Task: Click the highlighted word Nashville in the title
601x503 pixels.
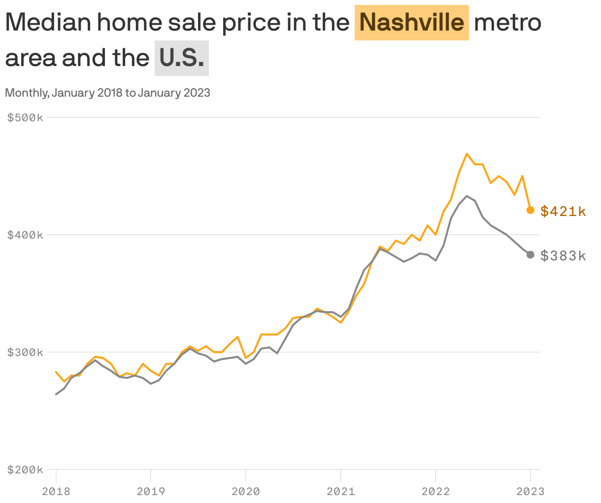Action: pyautogui.click(x=411, y=22)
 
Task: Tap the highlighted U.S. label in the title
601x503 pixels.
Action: pyautogui.click(x=182, y=58)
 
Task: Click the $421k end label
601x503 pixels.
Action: pyautogui.click(x=563, y=212)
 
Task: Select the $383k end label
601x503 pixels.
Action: pyautogui.click(x=563, y=255)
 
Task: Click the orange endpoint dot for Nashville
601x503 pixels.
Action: pyautogui.click(x=531, y=210)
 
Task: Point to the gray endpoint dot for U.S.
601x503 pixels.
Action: pyautogui.click(x=531, y=254)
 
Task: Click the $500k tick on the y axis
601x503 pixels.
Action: pyautogui.click(x=25, y=117)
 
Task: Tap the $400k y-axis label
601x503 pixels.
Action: pyautogui.click(x=25, y=235)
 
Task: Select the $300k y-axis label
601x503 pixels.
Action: pyautogui.click(x=25, y=352)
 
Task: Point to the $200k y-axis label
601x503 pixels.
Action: pyautogui.click(x=25, y=469)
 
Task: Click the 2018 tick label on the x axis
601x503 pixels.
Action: pyautogui.click(x=56, y=491)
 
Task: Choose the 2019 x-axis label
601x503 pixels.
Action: pyautogui.click(x=151, y=491)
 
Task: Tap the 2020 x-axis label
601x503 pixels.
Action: pyautogui.click(x=246, y=491)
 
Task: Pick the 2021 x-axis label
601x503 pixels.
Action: pyautogui.click(x=340, y=491)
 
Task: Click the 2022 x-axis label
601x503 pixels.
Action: pyautogui.click(x=435, y=491)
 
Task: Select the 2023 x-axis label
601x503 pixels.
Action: pyautogui.click(x=530, y=491)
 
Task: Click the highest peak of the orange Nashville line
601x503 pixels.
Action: pyautogui.click(x=467, y=154)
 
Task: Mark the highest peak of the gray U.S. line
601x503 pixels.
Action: pyautogui.click(x=467, y=196)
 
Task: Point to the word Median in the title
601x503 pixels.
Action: pyautogui.click(x=48, y=22)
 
